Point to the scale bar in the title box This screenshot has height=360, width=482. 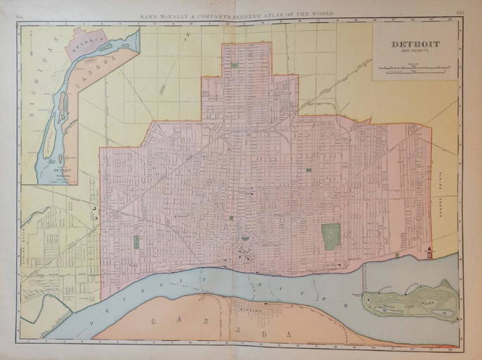pos(414,69)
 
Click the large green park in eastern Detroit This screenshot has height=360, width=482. pos(331,236)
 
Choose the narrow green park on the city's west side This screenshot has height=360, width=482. pos(136,242)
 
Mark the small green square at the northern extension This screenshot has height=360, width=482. pos(234,65)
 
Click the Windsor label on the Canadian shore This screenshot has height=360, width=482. pos(249,309)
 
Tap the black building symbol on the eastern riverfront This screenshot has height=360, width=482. pos(429,252)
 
